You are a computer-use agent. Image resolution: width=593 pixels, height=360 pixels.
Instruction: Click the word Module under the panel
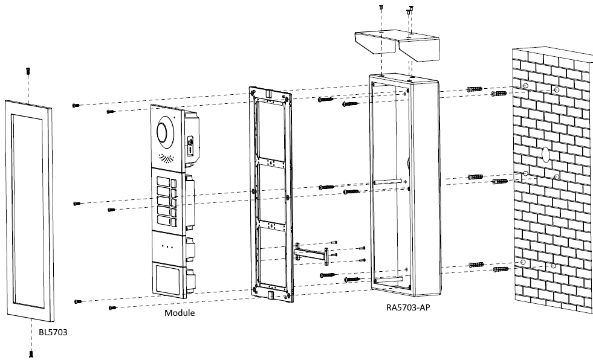[180, 313]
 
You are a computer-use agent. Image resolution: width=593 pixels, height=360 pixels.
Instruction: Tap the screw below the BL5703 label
[31, 354]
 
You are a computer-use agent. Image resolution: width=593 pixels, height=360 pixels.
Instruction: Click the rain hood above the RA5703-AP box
[397, 48]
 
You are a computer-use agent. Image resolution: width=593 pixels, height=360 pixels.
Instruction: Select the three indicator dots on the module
[165, 246]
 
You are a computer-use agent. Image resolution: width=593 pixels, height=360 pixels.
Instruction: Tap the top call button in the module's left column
[163, 181]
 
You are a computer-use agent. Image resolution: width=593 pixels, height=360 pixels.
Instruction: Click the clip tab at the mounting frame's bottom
[270, 295]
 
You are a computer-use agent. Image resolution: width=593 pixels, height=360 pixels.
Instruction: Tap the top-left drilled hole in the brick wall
[525, 87]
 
